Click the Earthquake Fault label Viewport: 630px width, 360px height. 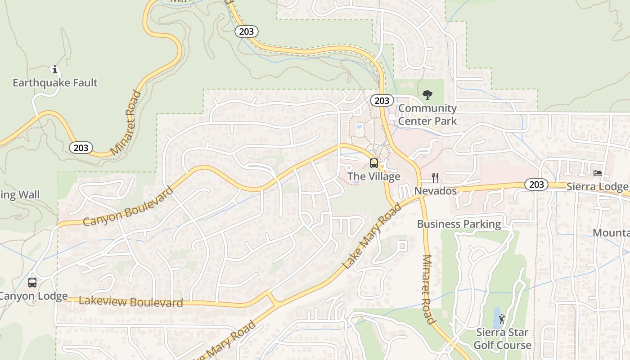pyautogui.click(x=55, y=83)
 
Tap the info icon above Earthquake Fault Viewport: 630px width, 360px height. pyautogui.click(x=55, y=70)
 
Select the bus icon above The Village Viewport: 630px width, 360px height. pyautogui.click(x=373, y=163)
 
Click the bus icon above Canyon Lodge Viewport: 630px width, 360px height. pyautogui.click(x=32, y=283)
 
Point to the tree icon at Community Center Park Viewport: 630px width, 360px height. pyautogui.click(x=427, y=95)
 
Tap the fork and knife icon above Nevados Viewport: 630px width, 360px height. pyautogui.click(x=435, y=178)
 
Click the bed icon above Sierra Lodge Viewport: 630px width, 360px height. pyautogui.click(x=598, y=173)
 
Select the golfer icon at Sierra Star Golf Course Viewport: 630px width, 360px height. pyautogui.click(x=502, y=319)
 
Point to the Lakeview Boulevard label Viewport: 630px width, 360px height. pyautogui.click(x=131, y=302)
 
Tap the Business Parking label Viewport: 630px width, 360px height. pyautogui.click(x=459, y=224)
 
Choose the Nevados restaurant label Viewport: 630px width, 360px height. pyautogui.click(x=435, y=191)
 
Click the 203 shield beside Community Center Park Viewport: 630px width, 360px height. pyautogui.click(x=382, y=100)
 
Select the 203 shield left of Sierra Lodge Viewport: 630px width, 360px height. pyautogui.click(x=536, y=184)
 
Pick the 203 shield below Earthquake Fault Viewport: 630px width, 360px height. pyautogui.click(x=81, y=148)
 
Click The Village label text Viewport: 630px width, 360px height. pyautogui.click(x=373, y=176)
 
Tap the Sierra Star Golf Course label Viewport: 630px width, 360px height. pyautogui.click(x=502, y=339)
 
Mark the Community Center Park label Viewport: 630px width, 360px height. pyautogui.click(x=427, y=114)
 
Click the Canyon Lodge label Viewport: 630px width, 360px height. pyautogui.click(x=34, y=296)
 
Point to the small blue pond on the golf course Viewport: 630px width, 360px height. pyautogui.click(x=496, y=318)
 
